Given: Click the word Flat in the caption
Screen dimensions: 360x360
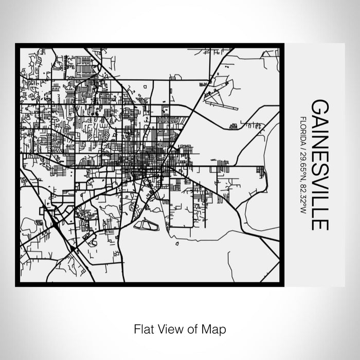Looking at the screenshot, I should coord(142,328).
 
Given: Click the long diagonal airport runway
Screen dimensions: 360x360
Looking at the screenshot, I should coord(219,100).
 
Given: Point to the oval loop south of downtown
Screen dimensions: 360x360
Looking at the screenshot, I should coord(145,224).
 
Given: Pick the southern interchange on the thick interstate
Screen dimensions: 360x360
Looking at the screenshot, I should coord(74,250).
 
